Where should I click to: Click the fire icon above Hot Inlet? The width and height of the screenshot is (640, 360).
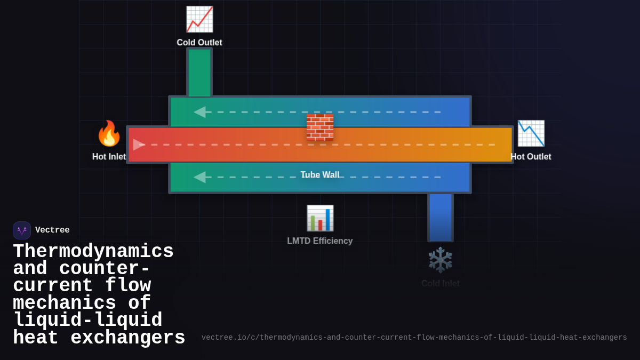(x=109, y=133)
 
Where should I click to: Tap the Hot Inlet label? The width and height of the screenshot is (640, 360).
(x=109, y=157)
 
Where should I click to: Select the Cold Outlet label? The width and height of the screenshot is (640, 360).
(x=199, y=43)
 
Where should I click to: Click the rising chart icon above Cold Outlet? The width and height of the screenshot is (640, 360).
(x=199, y=19)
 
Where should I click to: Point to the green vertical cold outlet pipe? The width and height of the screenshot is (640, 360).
(x=199, y=72)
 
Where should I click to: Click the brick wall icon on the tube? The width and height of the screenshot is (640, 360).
(x=320, y=127)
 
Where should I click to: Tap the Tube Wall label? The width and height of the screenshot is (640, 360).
(x=320, y=175)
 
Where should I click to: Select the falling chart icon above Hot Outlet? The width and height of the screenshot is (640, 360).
(x=531, y=133)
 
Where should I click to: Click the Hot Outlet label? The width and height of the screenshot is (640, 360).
(x=531, y=157)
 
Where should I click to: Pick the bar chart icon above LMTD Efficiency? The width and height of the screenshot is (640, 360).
(x=320, y=218)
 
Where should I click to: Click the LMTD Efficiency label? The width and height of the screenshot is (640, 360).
(x=320, y=241)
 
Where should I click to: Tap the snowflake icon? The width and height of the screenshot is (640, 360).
(x=441, y=260)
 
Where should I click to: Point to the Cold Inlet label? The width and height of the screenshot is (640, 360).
(x=441, y=284)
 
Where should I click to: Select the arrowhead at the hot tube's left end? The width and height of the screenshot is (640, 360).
(x=139, y=145)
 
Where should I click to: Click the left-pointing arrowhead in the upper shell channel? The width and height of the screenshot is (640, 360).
(x=199, y=112)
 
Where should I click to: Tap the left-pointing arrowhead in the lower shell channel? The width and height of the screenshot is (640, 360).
(x=199, y=177)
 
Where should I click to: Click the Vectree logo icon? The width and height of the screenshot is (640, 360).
(x=22, y=230)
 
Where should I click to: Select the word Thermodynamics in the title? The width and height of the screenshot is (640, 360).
(x=93, y=252)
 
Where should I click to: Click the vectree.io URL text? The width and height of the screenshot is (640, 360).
(x=414, y=338)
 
